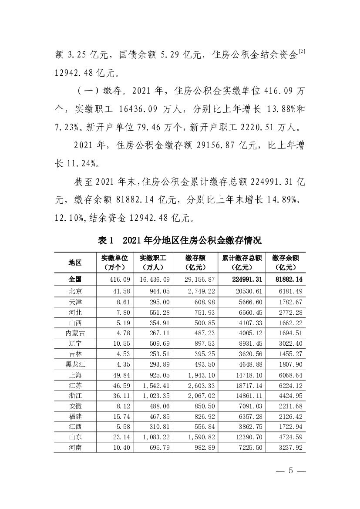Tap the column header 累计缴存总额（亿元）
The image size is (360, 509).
242,262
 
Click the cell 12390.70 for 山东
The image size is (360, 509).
247,437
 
